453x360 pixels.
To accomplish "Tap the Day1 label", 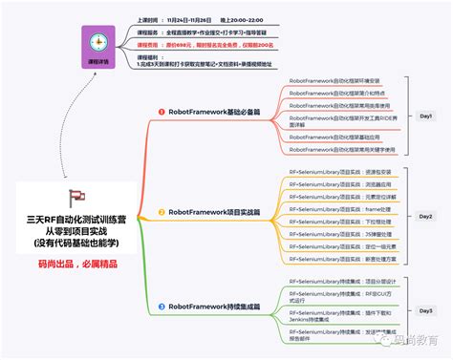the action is tap(426, 116).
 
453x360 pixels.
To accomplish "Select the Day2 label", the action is tap(426, 217).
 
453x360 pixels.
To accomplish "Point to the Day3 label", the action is tap(426, 310).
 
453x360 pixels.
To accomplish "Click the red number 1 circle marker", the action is tap(162, 112).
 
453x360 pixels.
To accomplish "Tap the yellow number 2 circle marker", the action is tap(162, 211).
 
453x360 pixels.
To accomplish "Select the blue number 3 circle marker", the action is tap(162, 307).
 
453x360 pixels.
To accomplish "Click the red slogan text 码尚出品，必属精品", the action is tap(76, 263).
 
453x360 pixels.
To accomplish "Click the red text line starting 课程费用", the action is tap(191, 45).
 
